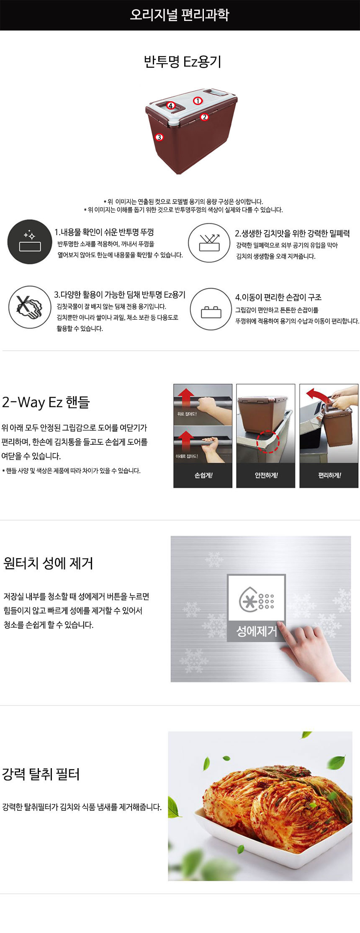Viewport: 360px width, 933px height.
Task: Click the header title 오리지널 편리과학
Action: click(180, 15)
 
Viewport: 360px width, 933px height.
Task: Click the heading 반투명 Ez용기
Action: click(183, 62)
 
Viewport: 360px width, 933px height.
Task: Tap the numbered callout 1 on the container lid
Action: click(198, 100)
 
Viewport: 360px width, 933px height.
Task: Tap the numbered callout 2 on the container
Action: click(204, 117)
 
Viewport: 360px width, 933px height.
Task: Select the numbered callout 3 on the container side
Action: click(159, 137)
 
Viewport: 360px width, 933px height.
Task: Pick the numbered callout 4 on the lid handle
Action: click(170, 106)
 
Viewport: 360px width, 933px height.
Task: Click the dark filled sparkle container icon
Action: click(30, 242)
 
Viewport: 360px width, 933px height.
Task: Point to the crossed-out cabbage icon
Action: click(30, 307)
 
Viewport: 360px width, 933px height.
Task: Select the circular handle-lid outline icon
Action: click(211, 309)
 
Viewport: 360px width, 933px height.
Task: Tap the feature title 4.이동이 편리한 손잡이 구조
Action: click(278, 297)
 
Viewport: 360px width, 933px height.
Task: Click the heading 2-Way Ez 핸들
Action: click(46, 402)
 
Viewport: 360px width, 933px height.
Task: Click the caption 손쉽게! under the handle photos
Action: click(203, 475)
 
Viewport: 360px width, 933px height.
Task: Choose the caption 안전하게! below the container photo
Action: click(266, 475)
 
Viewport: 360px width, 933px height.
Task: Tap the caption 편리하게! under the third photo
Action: click(329, 475)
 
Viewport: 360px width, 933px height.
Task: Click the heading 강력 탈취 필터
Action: click(41, 774)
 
